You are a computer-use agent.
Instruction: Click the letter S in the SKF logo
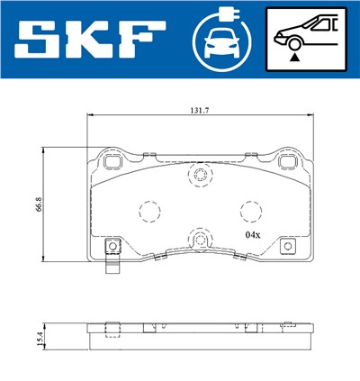[41, 40]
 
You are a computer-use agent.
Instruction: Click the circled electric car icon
[220, 40]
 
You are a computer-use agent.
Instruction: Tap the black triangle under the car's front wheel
[293, 56]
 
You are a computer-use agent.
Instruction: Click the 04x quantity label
[252, 234]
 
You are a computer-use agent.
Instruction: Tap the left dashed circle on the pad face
[147, 211]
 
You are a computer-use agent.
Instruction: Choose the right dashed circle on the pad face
[248, 210]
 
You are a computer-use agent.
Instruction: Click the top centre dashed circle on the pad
[198, 176]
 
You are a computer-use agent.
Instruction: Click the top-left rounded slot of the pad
[113, 163]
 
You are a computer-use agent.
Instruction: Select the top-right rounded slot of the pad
[287, 163]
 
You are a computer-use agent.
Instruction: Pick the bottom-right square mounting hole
[287, 246]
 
